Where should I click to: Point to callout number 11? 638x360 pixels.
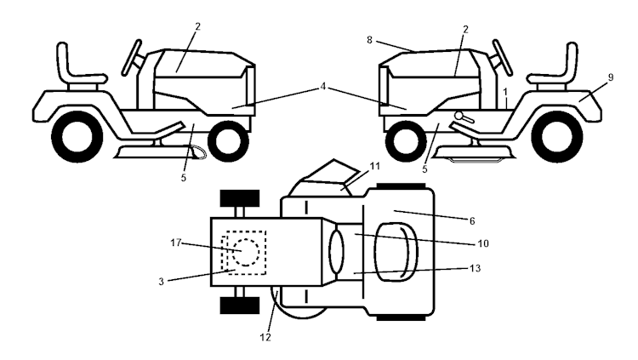point(375,167)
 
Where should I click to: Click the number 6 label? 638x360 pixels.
point(472,220)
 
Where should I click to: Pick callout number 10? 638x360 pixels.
point(483,243)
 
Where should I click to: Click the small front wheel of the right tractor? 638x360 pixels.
point(407,140)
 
